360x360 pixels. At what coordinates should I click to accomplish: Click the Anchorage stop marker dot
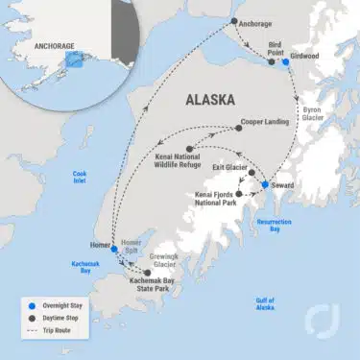coord(234,21)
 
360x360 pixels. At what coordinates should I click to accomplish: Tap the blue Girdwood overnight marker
coord(285,60)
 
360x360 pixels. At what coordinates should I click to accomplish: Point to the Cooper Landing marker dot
coord(239,127)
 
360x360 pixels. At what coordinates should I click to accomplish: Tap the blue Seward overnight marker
coord(266,184)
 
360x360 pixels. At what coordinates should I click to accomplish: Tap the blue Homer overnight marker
coord(114,249)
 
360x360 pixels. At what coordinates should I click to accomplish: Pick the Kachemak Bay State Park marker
coord(147,273)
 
